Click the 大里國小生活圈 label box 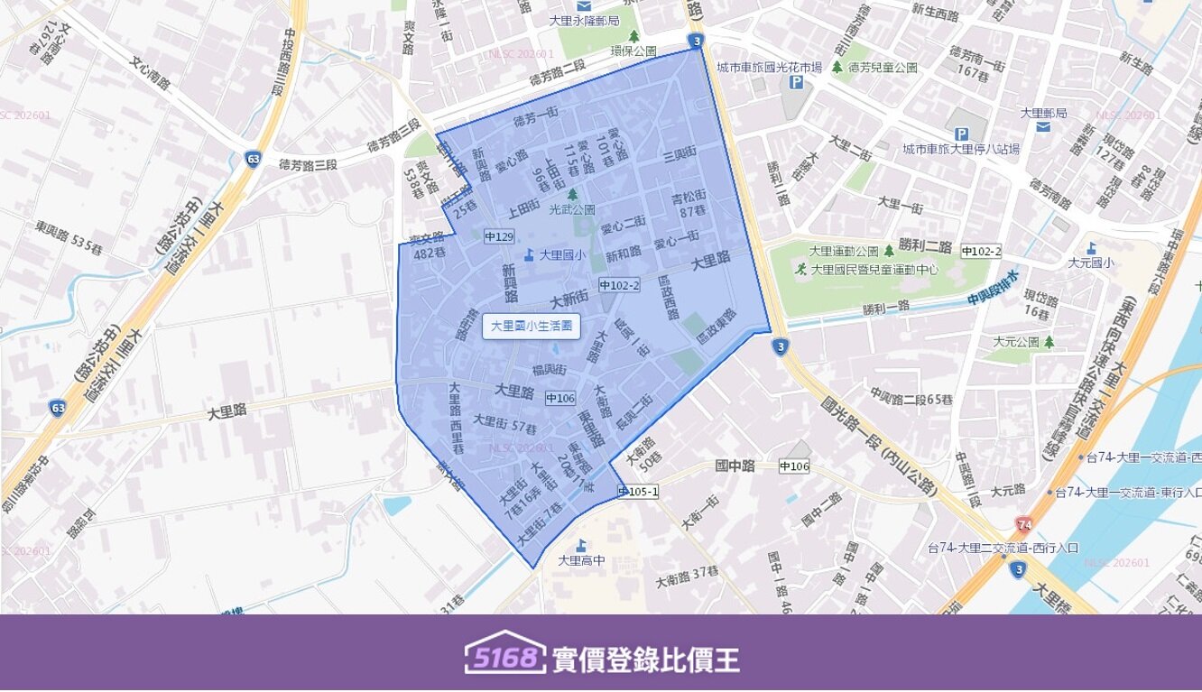click(x=531, y=327)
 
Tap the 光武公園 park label click(x=572, y=208)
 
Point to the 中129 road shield click(x=498, y=236)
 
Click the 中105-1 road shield click(x=638, y=492)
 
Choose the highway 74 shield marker click(x=1023, y=524)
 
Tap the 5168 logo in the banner click(x=505, y=658)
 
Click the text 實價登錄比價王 click(x=645, y=660)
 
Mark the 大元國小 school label click(x=1090, y=263)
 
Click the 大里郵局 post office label click(x=1043, y=114)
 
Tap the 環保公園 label click(x=633, y=51)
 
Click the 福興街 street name click(x=549, y=369)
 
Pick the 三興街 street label click(x=679, y=154)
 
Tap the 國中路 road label click(x=734, y=466)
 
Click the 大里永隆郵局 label click(x=584, y=20)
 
